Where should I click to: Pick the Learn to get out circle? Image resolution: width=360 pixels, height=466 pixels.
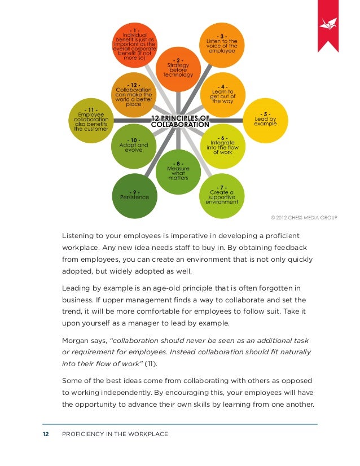pyautogui.click(x=222, y=93)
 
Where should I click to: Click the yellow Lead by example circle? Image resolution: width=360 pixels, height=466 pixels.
pyautogui.click(x=265, y=120)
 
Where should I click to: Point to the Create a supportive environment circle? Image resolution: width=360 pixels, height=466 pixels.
pyautogui.click(x=220, y=195)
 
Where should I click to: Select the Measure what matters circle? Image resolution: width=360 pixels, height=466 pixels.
pyautogui.click(x=178, y=172)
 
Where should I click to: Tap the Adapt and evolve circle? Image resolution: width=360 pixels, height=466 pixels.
pyautogui.click(x=134, y=146)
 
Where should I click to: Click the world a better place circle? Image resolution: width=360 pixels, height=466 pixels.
pyautogui.click(x=134, y=94)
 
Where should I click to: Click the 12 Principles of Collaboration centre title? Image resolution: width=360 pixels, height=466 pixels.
pyautogui.click(x=180, y=121)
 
